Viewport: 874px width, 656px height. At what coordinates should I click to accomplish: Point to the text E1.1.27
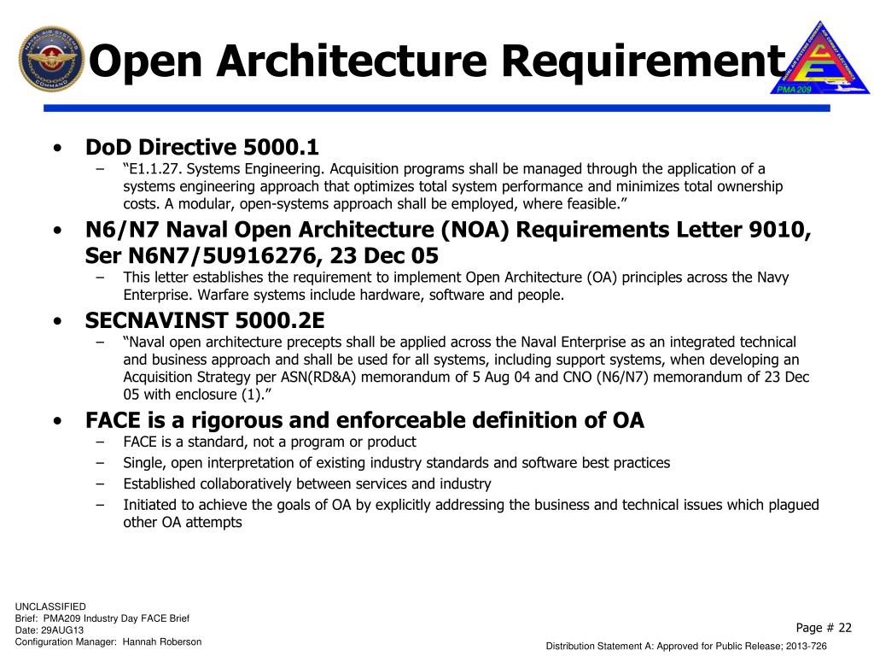(156, 168)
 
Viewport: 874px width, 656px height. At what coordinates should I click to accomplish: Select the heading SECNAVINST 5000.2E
(205, 320)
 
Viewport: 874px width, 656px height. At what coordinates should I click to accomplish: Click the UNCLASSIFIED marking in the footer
(50, 606)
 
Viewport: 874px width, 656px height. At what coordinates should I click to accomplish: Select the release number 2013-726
(807, 647)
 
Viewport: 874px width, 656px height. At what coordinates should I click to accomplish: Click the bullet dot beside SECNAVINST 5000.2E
(56, 321)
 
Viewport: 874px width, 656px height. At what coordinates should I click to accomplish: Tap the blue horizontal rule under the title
(435, 108)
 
